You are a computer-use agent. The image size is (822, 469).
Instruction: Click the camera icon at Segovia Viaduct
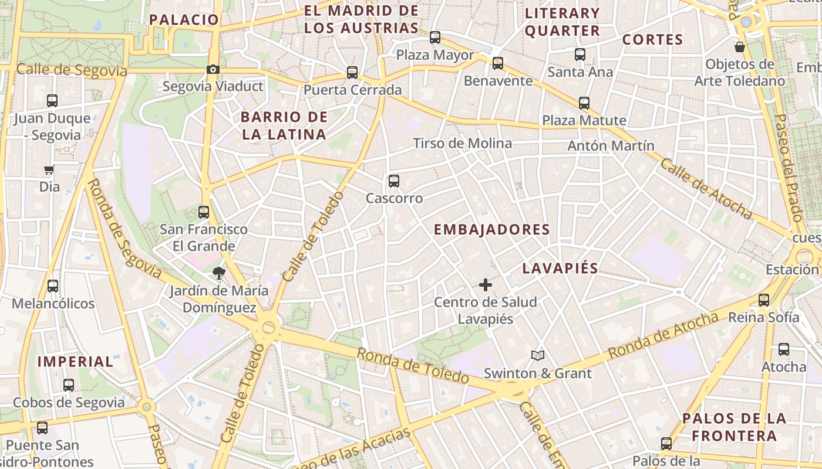213,70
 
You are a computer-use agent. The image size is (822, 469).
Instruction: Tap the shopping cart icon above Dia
49,170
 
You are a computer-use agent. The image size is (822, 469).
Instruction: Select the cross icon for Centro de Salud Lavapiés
486,285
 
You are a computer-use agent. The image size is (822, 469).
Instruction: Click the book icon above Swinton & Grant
537,355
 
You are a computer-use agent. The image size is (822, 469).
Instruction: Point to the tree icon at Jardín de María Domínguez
218,272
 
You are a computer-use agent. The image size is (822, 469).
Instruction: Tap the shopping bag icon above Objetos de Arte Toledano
739,46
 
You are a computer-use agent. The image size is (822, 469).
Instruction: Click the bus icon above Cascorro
394,181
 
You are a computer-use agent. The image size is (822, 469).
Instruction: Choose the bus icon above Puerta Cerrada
352,73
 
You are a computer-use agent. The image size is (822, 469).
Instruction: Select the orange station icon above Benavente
498,63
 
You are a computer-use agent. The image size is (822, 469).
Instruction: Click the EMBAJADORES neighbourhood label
492,230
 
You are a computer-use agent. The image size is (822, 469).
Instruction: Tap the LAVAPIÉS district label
560,269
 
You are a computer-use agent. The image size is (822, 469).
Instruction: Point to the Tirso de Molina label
462,144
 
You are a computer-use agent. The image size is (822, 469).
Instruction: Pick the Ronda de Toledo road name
413,365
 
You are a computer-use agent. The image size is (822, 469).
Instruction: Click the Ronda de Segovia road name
124,229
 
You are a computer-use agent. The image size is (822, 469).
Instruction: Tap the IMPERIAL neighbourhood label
75,362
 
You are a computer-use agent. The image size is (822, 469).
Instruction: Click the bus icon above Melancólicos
53,286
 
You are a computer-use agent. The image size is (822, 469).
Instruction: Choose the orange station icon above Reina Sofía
764,300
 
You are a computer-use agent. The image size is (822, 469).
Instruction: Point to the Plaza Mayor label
435,55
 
